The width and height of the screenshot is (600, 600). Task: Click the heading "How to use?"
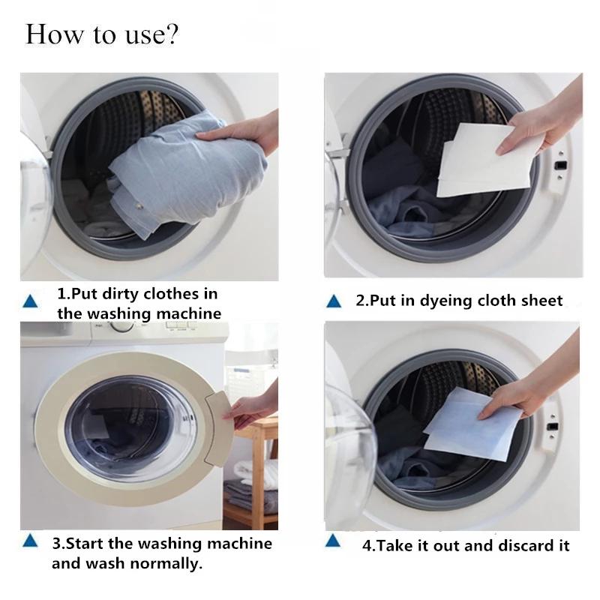pos(102,34)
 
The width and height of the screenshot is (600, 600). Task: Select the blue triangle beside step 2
pos(334,301)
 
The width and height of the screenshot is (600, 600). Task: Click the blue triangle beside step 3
pos(30,541)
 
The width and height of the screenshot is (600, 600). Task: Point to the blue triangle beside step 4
pos(334,541)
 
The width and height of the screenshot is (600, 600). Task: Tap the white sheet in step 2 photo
pos(480,161)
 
